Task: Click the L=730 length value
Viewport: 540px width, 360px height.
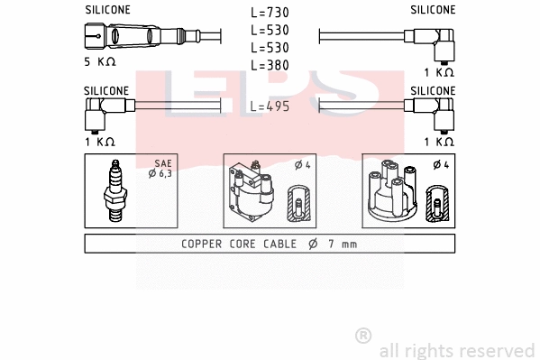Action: point(270,13)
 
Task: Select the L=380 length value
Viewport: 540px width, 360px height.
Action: point(270,65)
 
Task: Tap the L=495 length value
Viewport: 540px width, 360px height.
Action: point(270,106)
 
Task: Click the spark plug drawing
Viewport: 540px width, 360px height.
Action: point(114,191)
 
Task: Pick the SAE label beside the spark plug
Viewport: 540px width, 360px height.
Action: point(161,162)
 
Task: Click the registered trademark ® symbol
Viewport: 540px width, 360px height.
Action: point(363,336)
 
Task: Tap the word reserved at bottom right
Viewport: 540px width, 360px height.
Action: point(497,350)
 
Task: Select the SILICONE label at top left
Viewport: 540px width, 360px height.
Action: point(107,10)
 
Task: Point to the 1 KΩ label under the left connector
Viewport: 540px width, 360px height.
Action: point(99,142)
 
